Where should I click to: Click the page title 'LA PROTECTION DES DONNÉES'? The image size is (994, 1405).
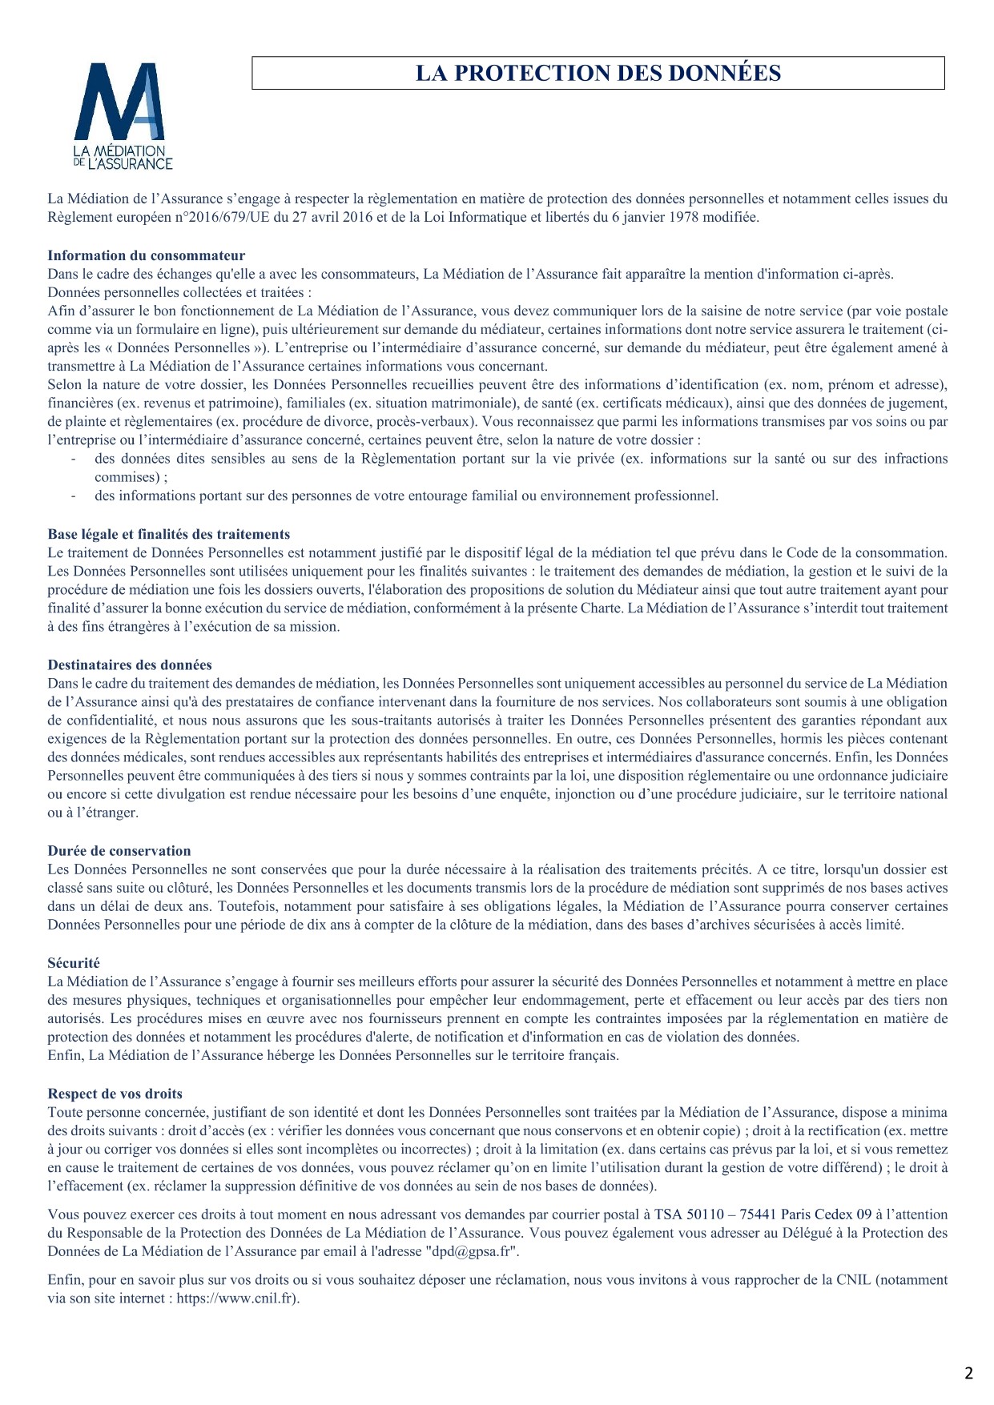click(598, 73)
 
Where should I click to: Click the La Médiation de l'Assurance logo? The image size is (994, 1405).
click(123, 117)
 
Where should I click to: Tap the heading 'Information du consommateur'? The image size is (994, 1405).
click(146, 255)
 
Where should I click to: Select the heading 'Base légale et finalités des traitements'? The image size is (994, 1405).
click(168, 534)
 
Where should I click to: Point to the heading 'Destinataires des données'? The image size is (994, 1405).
click(129, 664)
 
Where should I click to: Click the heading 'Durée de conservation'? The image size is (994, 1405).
click(119, 850)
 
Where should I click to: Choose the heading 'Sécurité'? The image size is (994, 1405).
click(73, 963)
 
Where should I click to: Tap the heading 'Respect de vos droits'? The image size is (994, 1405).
click(115, 1094)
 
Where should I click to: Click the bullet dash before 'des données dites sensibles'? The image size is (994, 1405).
click(74, 459)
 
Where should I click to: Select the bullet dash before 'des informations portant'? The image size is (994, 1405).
click(74, 496)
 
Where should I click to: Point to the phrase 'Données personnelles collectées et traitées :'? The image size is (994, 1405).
click(179, 292)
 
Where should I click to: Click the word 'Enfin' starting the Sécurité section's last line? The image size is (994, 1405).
click(64, 1055)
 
